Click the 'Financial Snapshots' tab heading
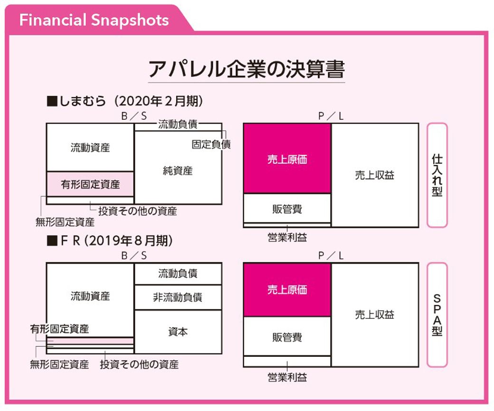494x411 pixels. click(x=94, y=20)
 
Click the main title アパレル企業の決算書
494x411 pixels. click(x=247, y=69)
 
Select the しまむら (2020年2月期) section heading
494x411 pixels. click(x=125, y=101)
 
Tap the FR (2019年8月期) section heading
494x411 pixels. click(x=109, y=240)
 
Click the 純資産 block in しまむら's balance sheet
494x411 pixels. click(x=178, y=167)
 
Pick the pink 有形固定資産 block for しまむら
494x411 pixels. click(x=90, y=184)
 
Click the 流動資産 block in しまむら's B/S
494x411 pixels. click(x=90, y=147)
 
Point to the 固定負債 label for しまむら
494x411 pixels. click(x=211, y=144)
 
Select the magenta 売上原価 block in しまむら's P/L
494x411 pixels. click(x=287, y=158)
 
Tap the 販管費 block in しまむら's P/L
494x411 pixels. click(x=287, y=208)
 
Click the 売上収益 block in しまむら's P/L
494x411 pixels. click(x=375, y=175)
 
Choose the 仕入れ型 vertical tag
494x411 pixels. click(x=437, y=175)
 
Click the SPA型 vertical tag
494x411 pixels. click(x=437, y=315)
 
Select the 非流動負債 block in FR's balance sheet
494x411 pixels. click(x=178, y=297)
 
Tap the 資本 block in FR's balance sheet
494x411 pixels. click(x=178, y=332)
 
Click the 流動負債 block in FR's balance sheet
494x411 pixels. click(x=178, y=274)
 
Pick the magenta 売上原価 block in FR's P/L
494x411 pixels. click(x=287, y=290)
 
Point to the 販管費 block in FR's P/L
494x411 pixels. click(x=287, y=336)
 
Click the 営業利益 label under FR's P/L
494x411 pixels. click(x=287, y=377)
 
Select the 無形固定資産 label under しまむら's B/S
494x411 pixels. click(x=65, y=222)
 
